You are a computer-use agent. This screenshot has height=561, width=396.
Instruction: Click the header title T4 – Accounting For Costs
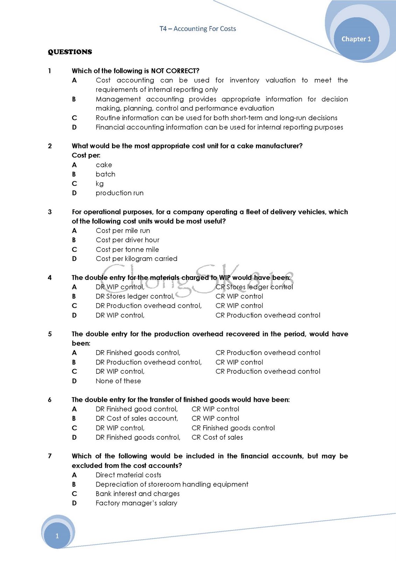[197, 29]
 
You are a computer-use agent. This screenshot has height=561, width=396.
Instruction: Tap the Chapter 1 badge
[356, 39]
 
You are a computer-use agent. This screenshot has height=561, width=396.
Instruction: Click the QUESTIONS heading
[70, 52]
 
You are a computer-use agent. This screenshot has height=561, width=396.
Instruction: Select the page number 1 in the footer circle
[57, 536]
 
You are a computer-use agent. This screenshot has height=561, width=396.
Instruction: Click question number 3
[50, 212]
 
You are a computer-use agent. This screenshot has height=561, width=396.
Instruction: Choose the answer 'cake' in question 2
[104, 165]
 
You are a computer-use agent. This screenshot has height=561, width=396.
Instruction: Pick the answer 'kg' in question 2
[99, 184]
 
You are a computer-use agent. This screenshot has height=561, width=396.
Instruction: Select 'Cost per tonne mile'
[127, 250]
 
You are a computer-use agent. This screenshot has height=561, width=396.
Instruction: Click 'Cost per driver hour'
[127, 240]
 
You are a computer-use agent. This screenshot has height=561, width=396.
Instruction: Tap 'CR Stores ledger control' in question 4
[254, 287]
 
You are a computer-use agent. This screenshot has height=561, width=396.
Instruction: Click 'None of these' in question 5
[118, 381]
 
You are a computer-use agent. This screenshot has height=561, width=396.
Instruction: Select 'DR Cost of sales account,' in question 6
[137, 419]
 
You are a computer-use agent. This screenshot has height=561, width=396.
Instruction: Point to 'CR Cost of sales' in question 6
[217, 438]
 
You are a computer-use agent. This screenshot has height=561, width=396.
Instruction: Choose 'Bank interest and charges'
[138, 494]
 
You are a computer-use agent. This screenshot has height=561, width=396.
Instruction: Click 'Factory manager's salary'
[136, 503]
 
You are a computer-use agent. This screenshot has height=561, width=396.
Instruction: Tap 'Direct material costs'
[128, 475]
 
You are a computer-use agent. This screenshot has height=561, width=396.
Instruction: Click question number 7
[50, 456]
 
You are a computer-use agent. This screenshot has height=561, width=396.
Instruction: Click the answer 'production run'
[119, 193]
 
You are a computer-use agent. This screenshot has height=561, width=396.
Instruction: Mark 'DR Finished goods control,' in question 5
[138, 353]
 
